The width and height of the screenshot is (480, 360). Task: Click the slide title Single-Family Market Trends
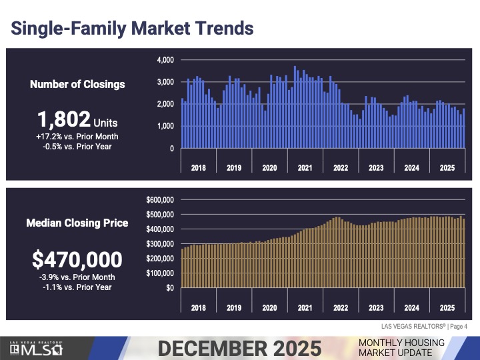point(133,29)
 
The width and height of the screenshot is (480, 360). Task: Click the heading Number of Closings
point(77,85)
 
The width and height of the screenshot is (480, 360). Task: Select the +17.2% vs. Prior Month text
point(77,135)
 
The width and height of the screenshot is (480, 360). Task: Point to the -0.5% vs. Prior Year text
point(77,146)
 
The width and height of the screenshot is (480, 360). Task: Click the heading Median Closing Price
point(77,223)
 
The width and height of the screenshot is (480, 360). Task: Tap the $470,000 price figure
point(77,259)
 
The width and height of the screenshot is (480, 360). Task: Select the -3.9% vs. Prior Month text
point(77,277)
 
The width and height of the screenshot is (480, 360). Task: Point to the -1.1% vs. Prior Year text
point(77,287)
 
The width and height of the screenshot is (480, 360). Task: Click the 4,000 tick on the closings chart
point(165,60)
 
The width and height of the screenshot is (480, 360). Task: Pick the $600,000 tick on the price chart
point(160,199)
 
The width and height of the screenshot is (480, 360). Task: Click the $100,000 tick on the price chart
point(160,273)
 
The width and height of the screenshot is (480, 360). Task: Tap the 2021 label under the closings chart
point(305,168)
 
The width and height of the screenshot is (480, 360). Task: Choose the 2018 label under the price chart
point(198,308)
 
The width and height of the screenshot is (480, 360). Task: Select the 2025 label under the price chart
point(447,308)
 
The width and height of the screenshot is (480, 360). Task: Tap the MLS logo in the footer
point(37,348)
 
